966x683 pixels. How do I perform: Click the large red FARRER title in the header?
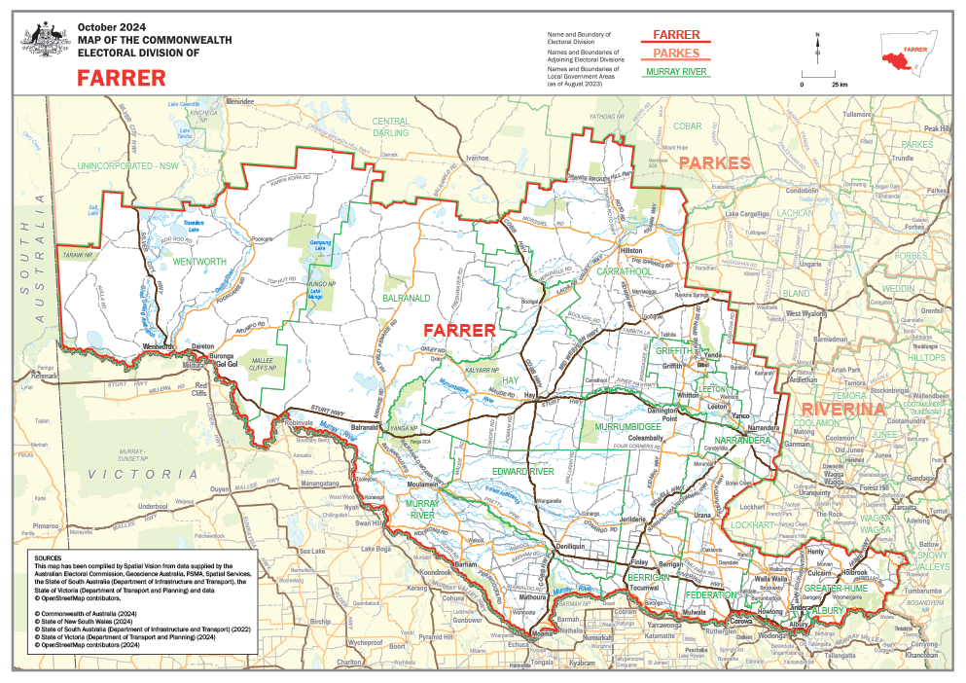(122, 78)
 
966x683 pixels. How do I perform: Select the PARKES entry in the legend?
(675, 54)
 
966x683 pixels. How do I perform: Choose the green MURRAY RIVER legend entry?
(675, 72)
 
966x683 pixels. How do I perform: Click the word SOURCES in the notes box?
(48, 558)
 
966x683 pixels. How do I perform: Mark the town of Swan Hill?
(368, 523)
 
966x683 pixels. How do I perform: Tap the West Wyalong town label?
(806, 314)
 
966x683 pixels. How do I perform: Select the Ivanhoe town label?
(477, 157)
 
